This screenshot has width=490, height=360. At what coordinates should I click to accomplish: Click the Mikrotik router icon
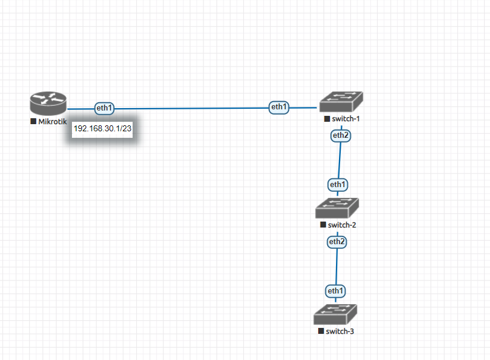coord(48,105)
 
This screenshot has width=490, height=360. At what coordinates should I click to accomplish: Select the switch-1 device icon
coord(340,102)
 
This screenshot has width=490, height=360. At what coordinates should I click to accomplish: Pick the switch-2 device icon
coord(337,208)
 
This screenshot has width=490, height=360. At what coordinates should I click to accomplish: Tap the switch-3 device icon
coord(335,314)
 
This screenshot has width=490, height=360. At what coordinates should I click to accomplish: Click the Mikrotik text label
coord(53,122)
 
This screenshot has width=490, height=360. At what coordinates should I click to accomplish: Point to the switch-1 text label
coord(346,119)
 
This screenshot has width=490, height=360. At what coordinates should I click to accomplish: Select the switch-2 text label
coord(342,225)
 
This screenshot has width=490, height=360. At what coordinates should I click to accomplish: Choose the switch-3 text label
coord(340,331)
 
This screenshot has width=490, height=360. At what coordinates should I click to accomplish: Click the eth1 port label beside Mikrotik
coord(104,108)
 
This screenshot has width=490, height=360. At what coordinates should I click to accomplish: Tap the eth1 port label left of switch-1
coord(279,108)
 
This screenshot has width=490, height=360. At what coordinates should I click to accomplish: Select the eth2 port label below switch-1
coord(341,135)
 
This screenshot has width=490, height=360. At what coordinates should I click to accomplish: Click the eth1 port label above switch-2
coord(338,184)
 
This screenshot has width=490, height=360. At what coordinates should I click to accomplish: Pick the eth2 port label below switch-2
coord(337,242)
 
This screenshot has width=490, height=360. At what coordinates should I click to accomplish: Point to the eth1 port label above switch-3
coord(335,291)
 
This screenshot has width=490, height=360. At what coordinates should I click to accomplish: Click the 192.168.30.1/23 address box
coord(102,128)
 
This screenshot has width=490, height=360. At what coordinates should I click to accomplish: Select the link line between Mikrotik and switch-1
coord(190,109)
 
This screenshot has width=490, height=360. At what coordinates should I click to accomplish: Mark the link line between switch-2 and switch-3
coord(336,267)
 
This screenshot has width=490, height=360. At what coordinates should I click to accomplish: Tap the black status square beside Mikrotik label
coord(33,122)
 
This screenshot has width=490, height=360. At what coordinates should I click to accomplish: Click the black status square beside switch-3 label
coord(321,331)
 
